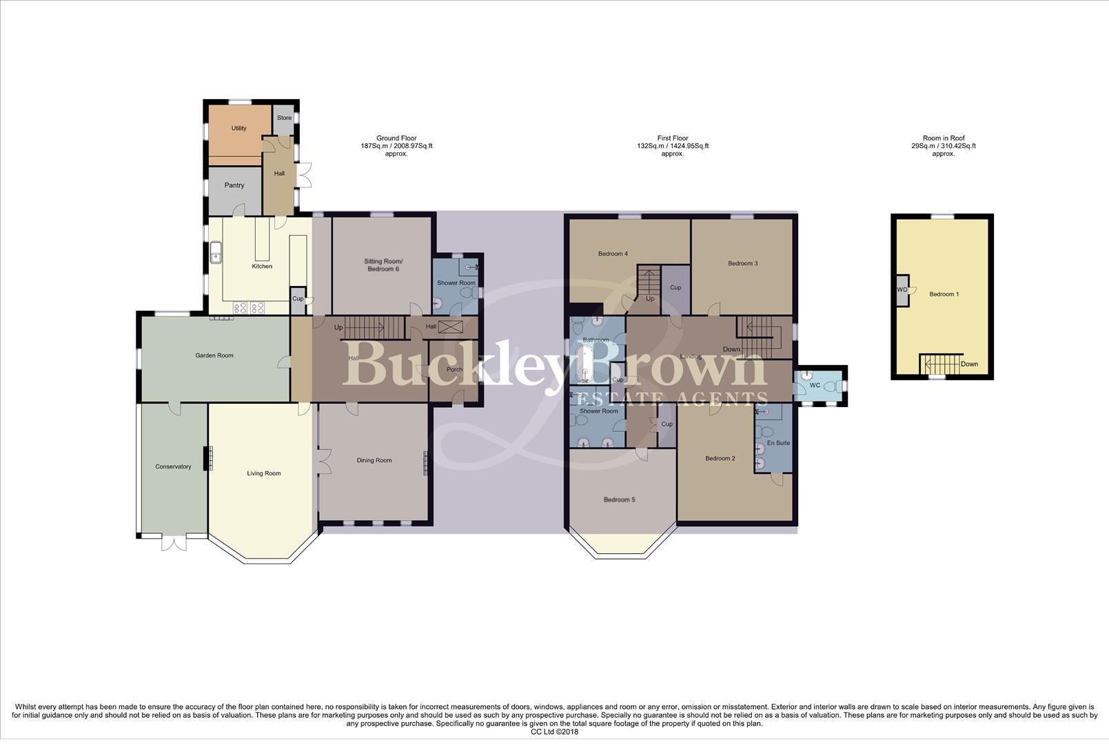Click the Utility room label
tap(238, 128)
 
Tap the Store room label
tap(284, 118)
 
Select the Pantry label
tap(234, 185)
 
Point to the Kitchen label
tap(262, 267)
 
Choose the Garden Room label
tap(214, 356)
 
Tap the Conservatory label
tap(173, 467)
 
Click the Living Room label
tap(264, 474)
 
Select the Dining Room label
tap(374, 461)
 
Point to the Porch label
tap(454, 370)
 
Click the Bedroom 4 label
tap(613, 254)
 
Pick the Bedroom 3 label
tap(742, 263)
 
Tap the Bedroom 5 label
tap(619, 500)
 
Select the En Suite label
tap(778, 443)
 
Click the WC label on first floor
tap(815, 386)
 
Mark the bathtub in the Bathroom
tap(584, 364)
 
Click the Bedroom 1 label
tap(944, 295)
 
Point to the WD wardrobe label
tap(902, 290)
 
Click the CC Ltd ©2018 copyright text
tap(554, 732)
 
